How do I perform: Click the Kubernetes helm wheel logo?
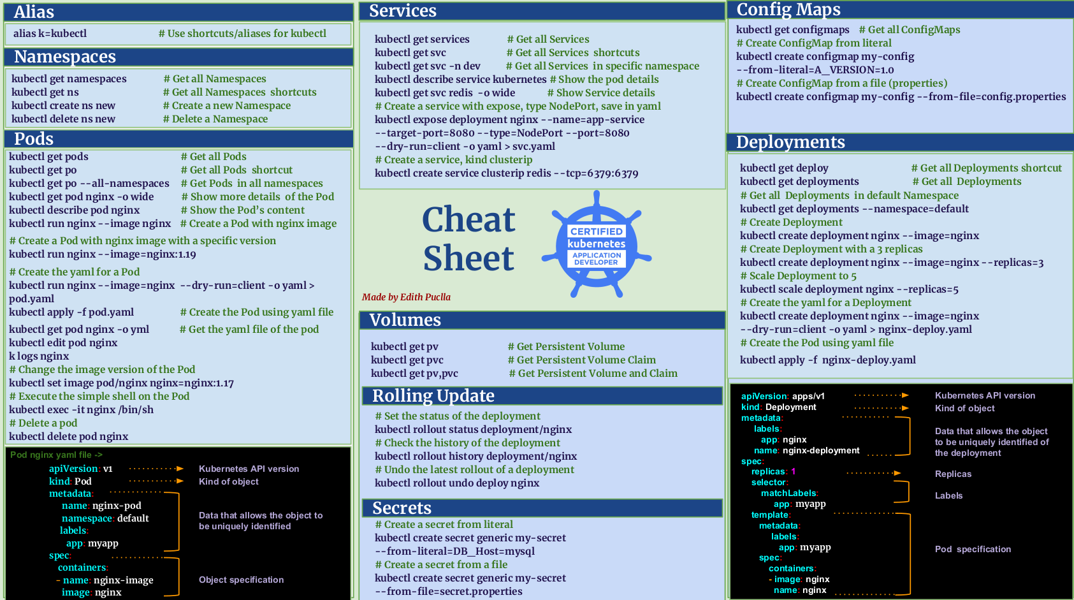(596, 244)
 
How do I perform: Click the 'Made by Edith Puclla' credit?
(406, 297)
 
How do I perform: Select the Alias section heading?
(34, 12)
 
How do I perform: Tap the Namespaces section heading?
(65, 57)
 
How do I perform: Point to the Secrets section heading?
(402, 508)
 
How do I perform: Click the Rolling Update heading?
(433, 396)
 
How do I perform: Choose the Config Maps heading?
(788, 10)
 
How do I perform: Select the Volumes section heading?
(405, 320)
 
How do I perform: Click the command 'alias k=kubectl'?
(50, 34)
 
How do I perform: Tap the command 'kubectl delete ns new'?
(63, 119)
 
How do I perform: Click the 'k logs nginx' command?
(39, 356)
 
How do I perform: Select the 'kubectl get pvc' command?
(407, 360)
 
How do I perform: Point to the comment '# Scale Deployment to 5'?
(798, 276)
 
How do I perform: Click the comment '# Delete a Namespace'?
(215, 119)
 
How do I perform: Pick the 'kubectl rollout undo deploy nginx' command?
(457, 483)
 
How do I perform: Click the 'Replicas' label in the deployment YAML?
(953, 474)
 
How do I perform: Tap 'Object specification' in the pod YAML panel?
(241, 580)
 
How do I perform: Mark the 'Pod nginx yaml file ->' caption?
(56, 455)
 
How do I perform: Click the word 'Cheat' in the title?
(468, 220)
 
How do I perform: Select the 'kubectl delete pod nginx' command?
(69, 437)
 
